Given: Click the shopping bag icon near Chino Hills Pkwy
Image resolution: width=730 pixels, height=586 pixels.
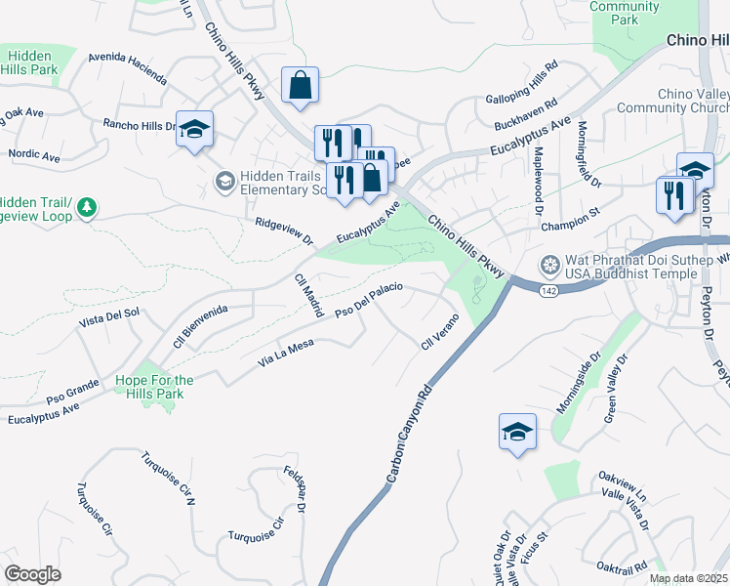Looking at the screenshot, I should point(301,85).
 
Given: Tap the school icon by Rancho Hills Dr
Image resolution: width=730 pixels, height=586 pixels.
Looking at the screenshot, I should point(194,129).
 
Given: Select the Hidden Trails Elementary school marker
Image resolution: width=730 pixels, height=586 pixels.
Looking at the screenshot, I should point(224,181).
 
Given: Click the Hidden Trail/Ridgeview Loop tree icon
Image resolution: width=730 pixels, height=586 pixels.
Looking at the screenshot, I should point(88,207).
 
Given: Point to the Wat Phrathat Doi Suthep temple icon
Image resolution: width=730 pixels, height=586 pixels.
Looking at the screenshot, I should point(550,265).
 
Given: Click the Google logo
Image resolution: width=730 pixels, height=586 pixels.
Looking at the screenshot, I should point(32,574).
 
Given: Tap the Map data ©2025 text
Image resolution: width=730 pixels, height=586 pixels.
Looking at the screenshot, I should point(688,578).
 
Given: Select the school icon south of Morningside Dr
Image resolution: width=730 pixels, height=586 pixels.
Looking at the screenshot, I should point(516,432).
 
